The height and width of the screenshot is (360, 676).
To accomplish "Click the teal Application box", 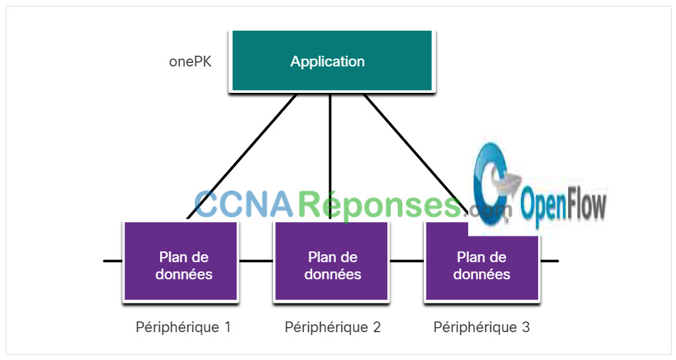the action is [x=332, y=61].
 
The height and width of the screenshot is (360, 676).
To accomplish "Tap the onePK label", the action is [x=190, y=61].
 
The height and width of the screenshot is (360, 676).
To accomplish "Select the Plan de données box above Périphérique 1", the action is [x=181, y=261].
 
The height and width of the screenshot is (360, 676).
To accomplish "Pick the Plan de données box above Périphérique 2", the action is [x=332, y=261].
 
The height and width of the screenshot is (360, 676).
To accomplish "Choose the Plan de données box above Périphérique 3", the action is [x=482, y=261].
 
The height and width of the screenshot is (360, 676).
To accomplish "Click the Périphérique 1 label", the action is [x=183, y=327].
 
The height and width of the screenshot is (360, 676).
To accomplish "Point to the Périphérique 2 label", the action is [x=332, y=327].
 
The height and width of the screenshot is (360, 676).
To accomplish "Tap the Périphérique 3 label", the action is [x=482, y=327].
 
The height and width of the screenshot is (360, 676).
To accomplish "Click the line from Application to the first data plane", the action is [x=242, y=156].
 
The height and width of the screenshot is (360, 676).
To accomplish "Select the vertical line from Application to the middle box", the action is [x=330, y=156].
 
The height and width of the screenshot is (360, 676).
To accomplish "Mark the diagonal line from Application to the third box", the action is [x=415, y=154].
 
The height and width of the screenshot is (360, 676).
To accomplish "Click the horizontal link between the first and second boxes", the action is [x=256, y=261].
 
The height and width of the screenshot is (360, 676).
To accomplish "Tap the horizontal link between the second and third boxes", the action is [x=407, y=261].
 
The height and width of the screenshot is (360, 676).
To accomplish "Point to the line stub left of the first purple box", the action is [x=113, y=261].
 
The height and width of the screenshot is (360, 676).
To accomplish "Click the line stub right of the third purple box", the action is [x=550, y=261].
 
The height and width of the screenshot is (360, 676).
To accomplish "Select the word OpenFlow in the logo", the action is [x=563, y=205].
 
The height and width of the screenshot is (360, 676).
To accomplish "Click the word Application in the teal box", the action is [x=328, y=61].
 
